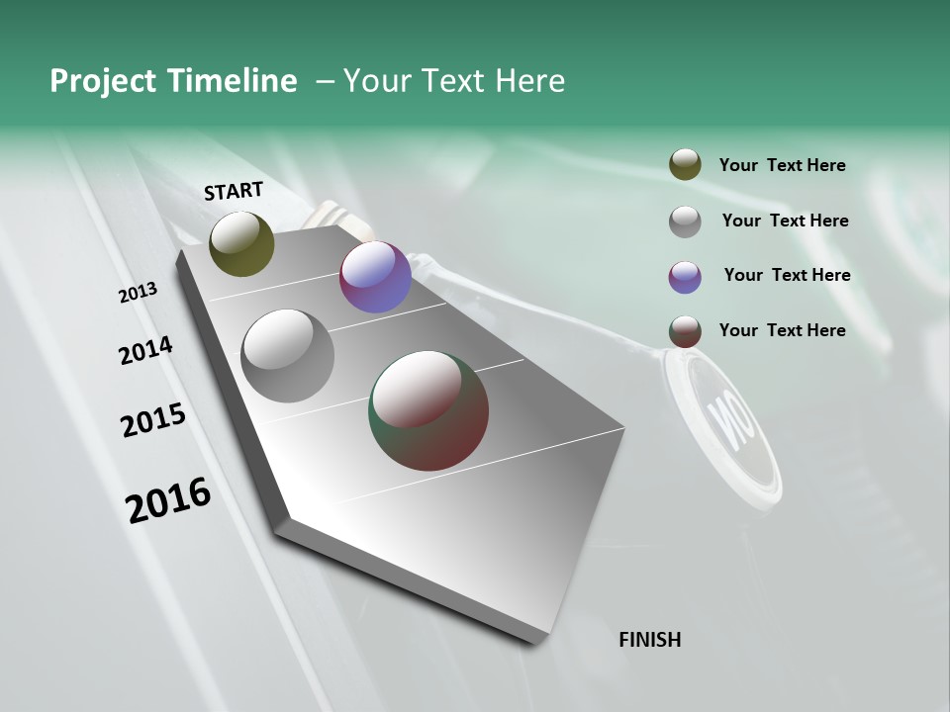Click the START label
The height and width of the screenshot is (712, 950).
click(x=234, y=191)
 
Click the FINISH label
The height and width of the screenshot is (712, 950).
click(x=649, y=640)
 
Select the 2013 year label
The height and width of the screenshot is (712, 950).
click(x=138, y=293)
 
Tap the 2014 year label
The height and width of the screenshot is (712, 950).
click(x=145, y=350)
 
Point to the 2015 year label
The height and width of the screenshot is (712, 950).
click(x=153, y=420)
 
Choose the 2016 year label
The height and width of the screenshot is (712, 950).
click(x=168, y=499)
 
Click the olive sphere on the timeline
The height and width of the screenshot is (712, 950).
click(x=241, y=243)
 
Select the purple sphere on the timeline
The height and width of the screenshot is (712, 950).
click(x=375, y=277)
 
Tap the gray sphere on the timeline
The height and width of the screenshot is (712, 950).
click(x=287, y=356)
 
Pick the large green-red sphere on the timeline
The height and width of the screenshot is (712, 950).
click(x=428, y=410)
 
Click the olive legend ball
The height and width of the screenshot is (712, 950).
click(x=685, y=165)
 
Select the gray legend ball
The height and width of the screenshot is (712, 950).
click(x=685, y=222)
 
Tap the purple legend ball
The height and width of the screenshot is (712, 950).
click(x=685, y=277)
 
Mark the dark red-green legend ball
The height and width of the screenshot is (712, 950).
click(x=685, y=331)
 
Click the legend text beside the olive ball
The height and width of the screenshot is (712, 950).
click(x=782, y=165)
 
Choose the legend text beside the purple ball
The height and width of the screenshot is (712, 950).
click(x=787, y=275)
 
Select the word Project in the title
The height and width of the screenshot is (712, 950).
click(x=104, y=81)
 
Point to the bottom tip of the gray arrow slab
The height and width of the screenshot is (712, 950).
click(x=534, y=641)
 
